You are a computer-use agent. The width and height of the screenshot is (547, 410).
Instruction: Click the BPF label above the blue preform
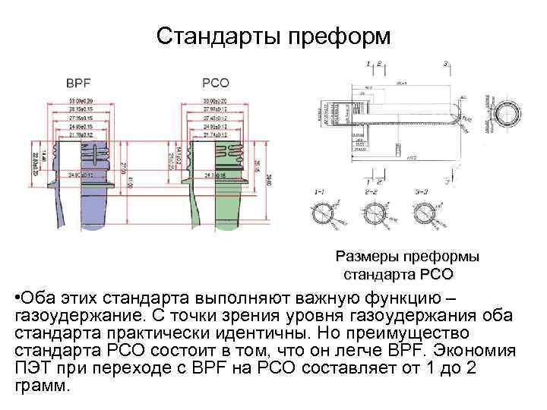[x=78, y=82]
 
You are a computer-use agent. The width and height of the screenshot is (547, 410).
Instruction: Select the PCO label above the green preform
[x=216, y=82]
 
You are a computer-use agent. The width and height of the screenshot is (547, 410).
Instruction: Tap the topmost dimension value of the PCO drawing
[x=216, y=101]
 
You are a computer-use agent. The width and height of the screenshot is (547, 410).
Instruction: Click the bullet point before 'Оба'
[x=17, y=295]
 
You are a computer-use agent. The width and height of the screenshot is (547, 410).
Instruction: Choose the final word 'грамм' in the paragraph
[x=41, y=384]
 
